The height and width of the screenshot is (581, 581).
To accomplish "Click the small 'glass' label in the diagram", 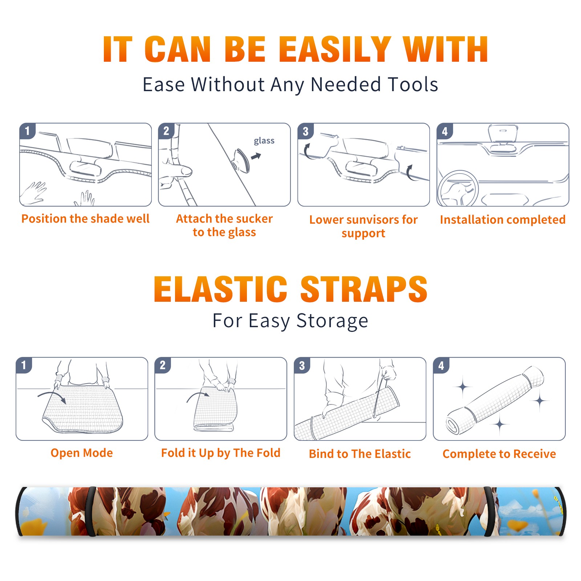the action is point(264,141).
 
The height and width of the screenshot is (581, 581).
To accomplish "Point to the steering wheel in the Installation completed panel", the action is point(458,188).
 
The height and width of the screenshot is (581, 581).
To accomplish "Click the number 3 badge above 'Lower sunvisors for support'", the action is point(305,131).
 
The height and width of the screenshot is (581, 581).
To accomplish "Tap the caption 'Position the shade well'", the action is point(85,219).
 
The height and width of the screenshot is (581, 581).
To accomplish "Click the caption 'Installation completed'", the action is point(503,220).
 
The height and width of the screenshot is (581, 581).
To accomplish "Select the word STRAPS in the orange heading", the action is point(364,289).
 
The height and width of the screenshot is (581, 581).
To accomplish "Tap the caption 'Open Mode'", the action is point(82,453).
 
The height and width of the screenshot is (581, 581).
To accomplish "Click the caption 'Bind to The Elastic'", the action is point(360,454).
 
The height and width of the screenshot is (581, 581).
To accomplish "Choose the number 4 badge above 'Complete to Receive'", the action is point(441,365).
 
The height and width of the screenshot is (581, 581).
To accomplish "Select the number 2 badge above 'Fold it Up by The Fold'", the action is point(163,365).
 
